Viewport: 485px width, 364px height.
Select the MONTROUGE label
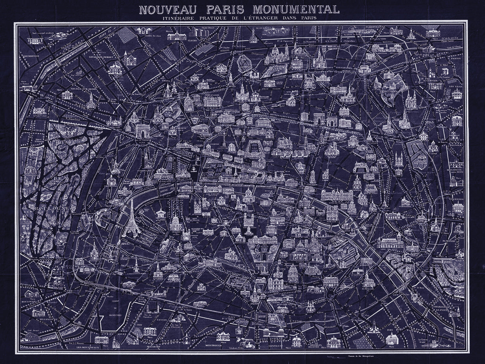tap(214, 346)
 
